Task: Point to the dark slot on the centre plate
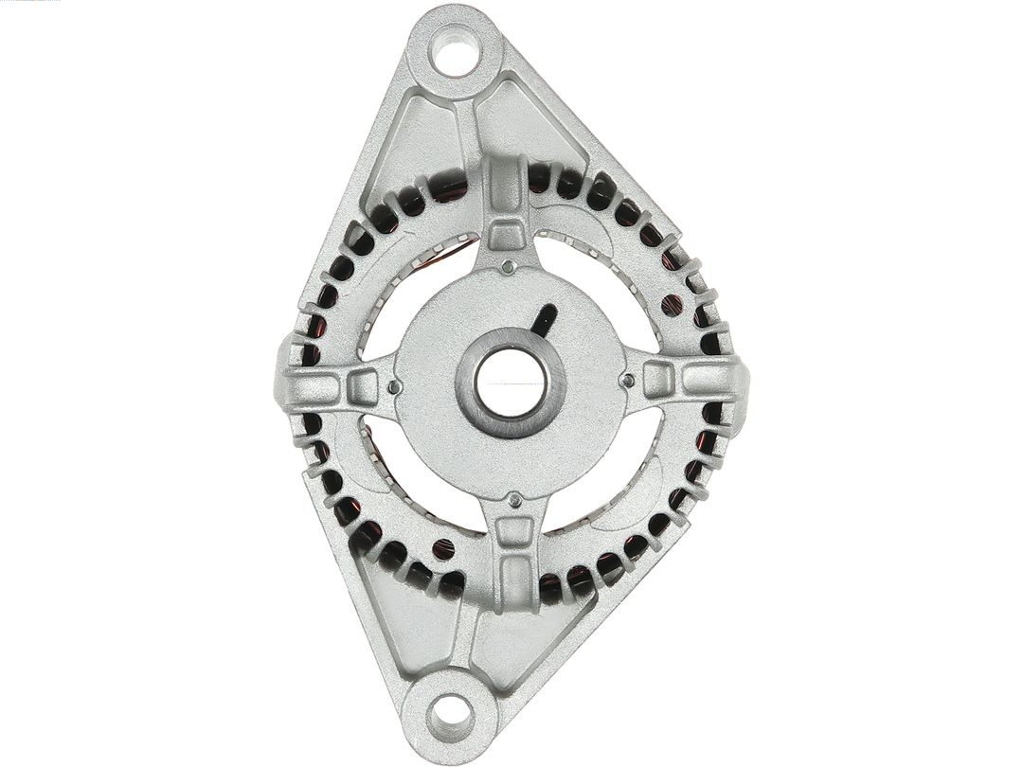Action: click(544, 319)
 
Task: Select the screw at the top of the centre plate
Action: click(509, 266)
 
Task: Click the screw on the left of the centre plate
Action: click(393, 386)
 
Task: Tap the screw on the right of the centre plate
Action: click(627, 381)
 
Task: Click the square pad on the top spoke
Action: click(507, 232)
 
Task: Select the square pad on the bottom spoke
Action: click(512, 532)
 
